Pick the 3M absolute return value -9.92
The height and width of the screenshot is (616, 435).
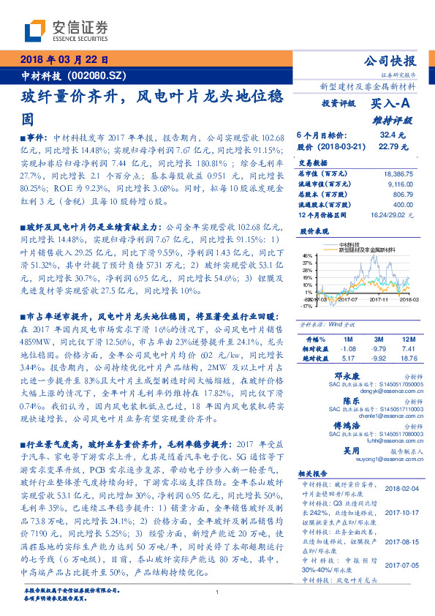point(378,358)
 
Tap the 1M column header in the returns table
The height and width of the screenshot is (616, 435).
point(348,339)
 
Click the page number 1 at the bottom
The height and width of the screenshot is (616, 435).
point(217,593)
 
